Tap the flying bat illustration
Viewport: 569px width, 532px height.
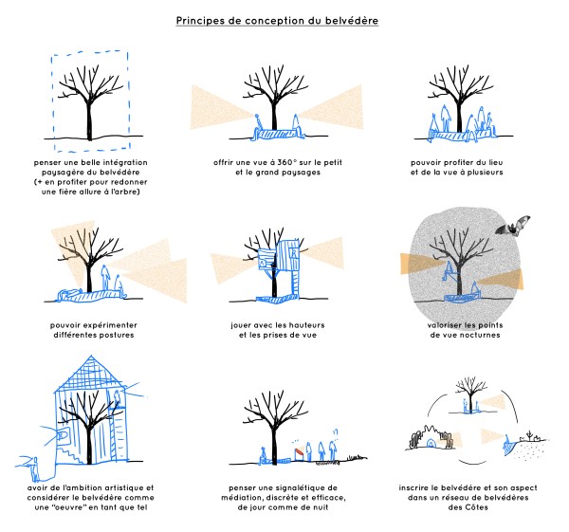(x=513, y=226)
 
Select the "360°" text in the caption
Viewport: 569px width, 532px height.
(x=287, y=162)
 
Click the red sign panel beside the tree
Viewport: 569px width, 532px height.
(x=300, y=452)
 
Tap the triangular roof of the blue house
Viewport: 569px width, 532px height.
(x=88, y=374)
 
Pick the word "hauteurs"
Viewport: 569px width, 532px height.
(x=307, y=325)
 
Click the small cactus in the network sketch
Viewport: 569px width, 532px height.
(x=531, y=434)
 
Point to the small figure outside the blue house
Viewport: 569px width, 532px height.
(x=35, y=468)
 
